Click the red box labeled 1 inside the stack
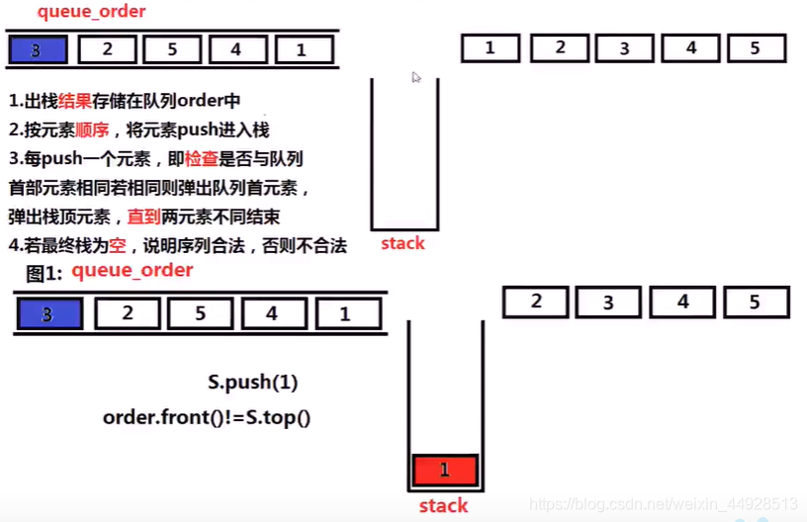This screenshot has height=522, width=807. tap(444, 470)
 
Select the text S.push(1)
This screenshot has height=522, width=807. tap(252, 383)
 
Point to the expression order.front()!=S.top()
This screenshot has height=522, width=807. tap(207, 417)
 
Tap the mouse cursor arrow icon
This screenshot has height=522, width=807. tap(416, 77)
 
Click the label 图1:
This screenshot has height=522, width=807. tap(45, 273)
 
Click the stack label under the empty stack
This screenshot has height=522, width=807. tap(403, 243)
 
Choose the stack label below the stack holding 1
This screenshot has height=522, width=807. tap(443, 506)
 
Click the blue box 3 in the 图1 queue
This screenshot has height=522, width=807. tap(48, 314)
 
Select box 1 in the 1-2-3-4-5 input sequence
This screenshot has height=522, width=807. tap(490, 47)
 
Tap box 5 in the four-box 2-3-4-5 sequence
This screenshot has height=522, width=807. tap(755, 302)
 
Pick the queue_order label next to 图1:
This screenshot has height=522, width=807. tap(133, 271)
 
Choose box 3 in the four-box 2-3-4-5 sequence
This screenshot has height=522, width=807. tap(608, 302)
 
